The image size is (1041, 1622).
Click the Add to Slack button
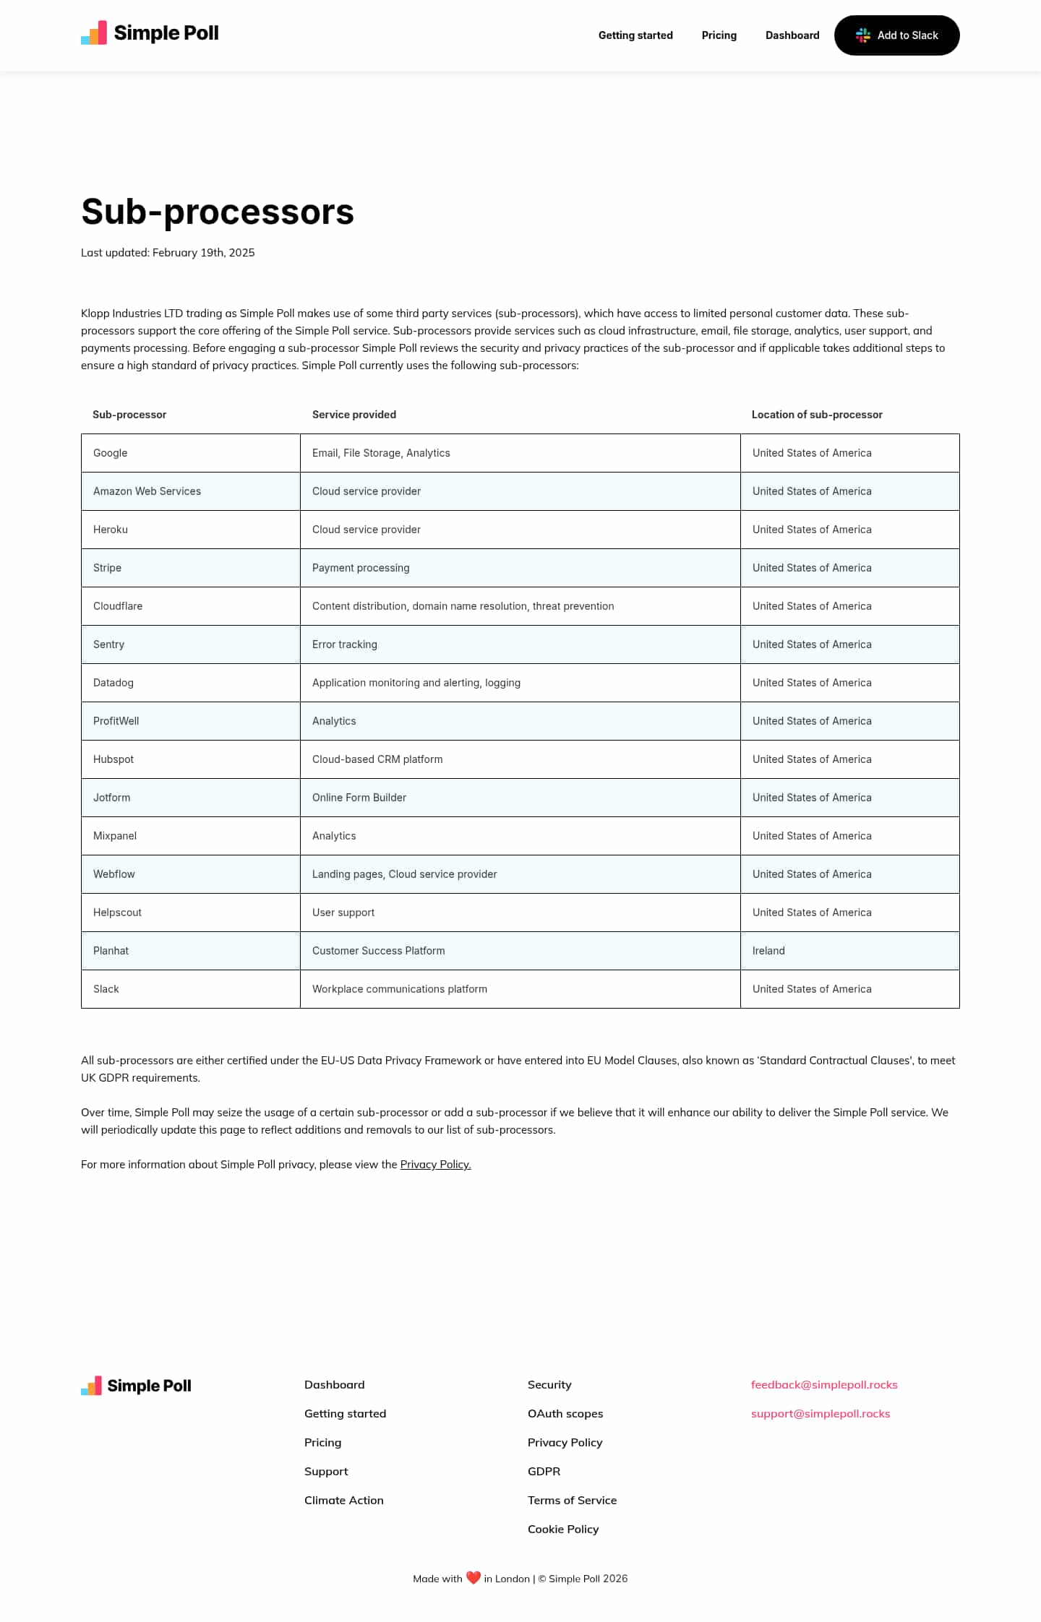[896, 35]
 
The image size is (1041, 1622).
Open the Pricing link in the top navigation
[719, 35]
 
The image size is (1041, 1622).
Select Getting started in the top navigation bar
[635, 35]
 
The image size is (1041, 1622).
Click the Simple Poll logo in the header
[150, 33]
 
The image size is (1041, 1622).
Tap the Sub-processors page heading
[218, 212]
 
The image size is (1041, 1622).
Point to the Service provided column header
[354, 415]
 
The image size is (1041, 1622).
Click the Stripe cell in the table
[108, 568]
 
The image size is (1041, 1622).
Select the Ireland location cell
[768, 951]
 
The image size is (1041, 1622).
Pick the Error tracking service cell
[345, 644]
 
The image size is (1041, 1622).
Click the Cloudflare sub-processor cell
[118, 606]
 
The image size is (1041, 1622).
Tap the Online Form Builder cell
[359, 798]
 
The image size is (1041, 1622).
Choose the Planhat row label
[111, 951]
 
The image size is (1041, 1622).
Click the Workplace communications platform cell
[400, 989]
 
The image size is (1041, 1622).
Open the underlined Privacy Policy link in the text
[435, 1165]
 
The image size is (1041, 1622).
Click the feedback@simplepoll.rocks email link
[824, 1384]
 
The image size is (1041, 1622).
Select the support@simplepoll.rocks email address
[821, 1413]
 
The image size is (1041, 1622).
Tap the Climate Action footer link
[344, 1500]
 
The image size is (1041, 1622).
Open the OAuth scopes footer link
[565, 1413]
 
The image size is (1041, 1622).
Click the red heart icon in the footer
[474, 1578]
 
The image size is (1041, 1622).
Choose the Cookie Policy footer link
[563, 1529]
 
